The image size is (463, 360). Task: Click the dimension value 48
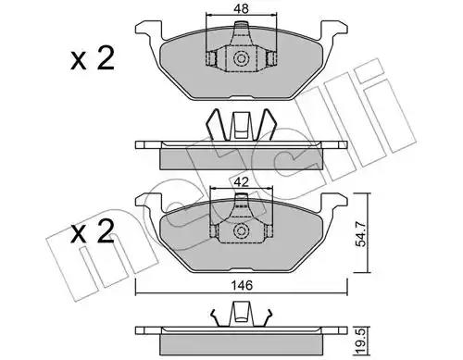(241, 8)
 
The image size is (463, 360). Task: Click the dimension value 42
(241, 182)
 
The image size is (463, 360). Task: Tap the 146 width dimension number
(242, 286)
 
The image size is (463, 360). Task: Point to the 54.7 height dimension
(361, 233)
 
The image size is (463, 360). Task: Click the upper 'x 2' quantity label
(93, 57)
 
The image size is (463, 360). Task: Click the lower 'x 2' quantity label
(93, 231)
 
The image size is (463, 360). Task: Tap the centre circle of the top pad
(241, 58)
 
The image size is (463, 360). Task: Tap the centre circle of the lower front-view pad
(241, 231)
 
